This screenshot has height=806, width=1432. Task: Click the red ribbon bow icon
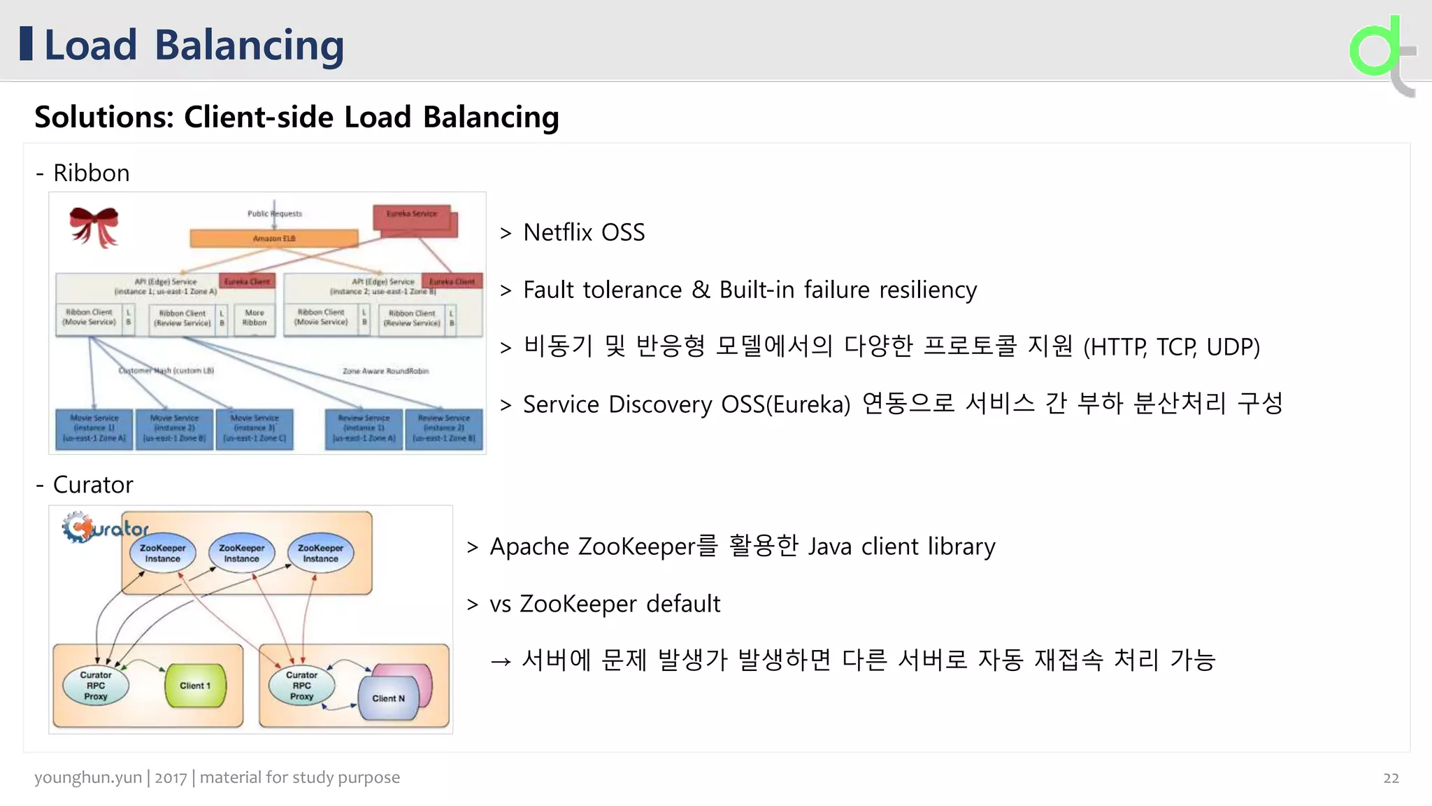pos(94,225)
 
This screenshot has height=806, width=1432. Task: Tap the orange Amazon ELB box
pos(273,239)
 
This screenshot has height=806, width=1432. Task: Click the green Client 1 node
pos(195,686)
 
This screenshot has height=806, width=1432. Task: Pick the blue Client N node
pos(389,698)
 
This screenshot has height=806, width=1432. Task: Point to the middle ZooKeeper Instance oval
pos(242,553)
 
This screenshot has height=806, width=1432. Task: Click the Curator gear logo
pos(78,528)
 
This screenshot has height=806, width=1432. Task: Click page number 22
pos(1391,778)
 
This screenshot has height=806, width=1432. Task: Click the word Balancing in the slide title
pos(249,45)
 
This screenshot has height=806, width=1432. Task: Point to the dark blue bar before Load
pos(27,43)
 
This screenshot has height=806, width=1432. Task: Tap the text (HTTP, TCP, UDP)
pos(1171,347)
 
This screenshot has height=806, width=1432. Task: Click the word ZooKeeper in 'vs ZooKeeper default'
pos(578,604)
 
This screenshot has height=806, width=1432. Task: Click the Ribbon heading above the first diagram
pos(91,173)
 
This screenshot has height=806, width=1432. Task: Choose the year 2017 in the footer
pos(171,777)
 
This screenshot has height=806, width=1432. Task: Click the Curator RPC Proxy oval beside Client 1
pos(96,686)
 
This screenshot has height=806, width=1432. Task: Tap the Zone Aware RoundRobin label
pos(385,371)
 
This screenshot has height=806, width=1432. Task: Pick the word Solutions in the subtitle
pos(104,117)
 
